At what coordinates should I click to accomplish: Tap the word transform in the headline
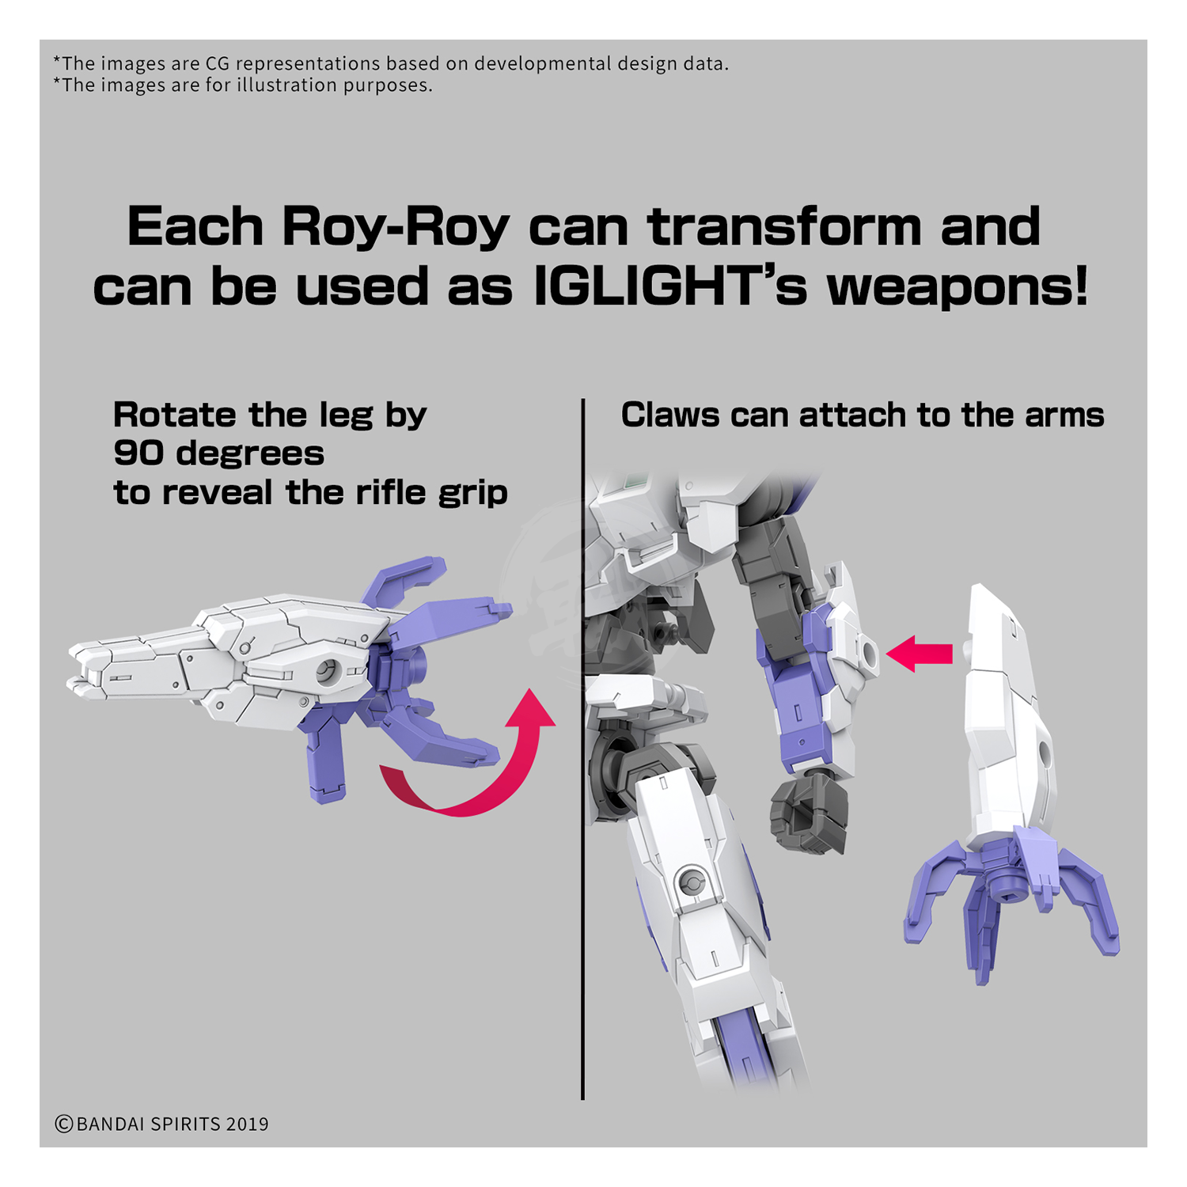click(785, 227)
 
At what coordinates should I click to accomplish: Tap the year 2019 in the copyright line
click(247, 1124)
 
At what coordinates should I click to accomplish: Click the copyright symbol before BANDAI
click(64, 1124)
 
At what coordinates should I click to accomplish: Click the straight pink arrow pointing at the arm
click(920, 654)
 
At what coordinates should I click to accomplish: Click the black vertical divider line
click(582, 749)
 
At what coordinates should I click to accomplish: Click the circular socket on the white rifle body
click(328, 671)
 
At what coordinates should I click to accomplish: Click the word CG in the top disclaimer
click(216, 63)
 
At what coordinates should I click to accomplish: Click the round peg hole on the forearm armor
click(869, 654)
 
